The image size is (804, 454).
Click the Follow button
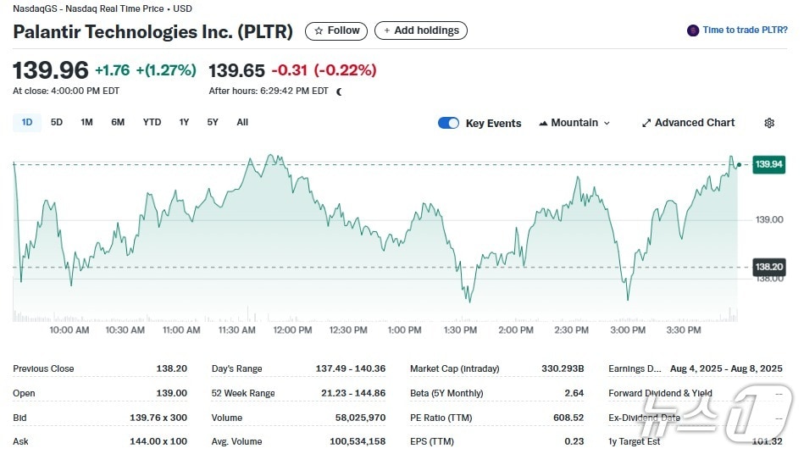[336, 30]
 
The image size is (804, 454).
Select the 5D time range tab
[57, 122]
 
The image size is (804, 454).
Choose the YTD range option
[152, 122]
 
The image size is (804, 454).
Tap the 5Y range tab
[213, 122]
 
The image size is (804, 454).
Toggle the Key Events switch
[448, 123]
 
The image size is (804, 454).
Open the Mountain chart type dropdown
[574, 123]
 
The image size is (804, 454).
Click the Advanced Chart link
[688, 123]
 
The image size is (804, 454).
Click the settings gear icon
[769, 123]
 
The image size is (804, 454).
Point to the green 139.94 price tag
[768, 164]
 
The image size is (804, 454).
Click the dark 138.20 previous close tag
[768, 267]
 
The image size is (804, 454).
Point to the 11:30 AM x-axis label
[237, 330]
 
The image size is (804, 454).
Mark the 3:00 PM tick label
[628, 330]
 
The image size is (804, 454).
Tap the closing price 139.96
[50, 70]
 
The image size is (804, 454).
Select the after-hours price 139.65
[236, 70]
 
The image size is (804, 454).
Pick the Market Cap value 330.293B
[563, 368]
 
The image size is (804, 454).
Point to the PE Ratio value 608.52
[568, 418]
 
